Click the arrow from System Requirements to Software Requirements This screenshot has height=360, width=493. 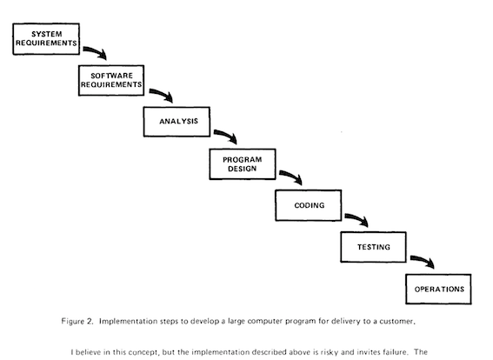coord(96,51)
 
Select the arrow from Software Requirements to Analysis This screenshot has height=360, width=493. coord(163,93)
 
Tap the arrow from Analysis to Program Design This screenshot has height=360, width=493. coord(227,135)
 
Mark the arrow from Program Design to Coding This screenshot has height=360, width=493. coord(292,176)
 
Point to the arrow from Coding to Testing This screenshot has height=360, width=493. coord(358,218)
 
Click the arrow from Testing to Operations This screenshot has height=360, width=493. coord(423,260)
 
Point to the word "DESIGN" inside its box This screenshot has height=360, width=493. coord(242,169)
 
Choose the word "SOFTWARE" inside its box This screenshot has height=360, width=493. coord(111,76)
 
